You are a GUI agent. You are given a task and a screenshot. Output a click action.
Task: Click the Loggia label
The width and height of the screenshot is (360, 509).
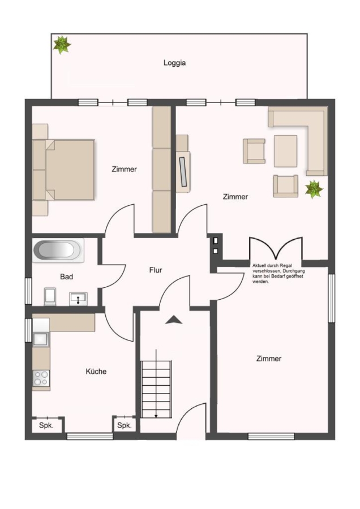tap(174, 63)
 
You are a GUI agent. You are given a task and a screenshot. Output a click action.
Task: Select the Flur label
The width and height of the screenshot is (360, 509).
tap(156, 270)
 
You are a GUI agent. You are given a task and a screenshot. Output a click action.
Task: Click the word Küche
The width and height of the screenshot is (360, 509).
tap(96, 372)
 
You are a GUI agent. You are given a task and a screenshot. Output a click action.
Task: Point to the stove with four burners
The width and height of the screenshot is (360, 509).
tap(41, 378)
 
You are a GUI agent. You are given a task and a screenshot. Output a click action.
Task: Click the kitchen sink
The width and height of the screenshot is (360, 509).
tap(41, 339)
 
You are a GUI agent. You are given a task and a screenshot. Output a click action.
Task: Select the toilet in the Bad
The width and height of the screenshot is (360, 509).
tap(50, 296)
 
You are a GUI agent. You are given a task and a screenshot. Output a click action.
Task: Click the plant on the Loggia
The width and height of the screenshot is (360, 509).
tap(62, 45)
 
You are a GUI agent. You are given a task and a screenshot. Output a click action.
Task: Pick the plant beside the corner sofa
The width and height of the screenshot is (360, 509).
tap(314, 189)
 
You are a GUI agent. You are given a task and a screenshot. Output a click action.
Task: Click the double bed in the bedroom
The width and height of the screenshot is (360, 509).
tap(64, 170)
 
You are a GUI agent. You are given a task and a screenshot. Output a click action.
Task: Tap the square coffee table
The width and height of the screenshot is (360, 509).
tap(286, 151)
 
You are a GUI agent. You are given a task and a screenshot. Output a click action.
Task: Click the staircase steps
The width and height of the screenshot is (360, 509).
tap(156, 389)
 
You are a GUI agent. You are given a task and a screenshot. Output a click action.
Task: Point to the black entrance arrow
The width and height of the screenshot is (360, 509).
tap(174, 320)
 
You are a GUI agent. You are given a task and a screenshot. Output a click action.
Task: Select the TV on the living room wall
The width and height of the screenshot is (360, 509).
tap(183, 172)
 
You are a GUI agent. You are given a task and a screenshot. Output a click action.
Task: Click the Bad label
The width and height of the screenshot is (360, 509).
tap(67, 277)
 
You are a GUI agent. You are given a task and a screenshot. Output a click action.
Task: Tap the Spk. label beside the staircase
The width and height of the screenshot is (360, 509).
tap(125, 425)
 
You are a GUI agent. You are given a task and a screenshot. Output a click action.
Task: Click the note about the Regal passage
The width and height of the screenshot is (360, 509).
tap(278, 274)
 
